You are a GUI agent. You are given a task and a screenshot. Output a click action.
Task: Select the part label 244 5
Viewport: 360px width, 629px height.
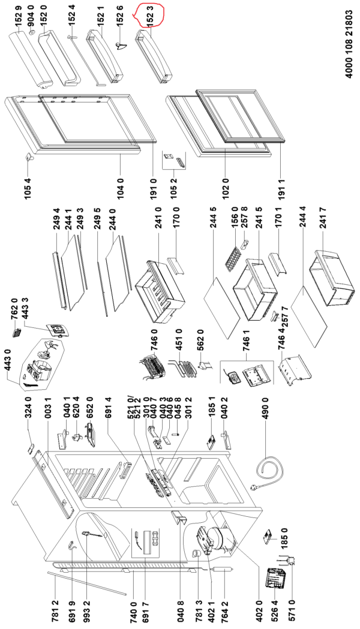click(214, 231)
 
